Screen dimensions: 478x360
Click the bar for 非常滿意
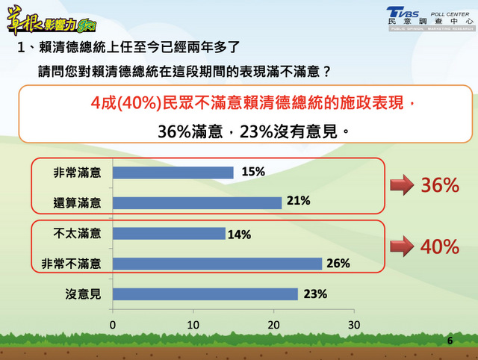(173, 173)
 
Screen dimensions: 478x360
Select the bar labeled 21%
(197, 203)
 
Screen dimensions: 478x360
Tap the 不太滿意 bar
(169, 234)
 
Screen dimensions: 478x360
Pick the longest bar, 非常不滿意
(217, 264)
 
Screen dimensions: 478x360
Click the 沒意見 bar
(205, 294)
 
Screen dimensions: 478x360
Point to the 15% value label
(253, 172)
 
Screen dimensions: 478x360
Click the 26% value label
(338, 264)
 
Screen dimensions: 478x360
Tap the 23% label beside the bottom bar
(315, 294)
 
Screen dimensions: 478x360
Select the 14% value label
(239, 235)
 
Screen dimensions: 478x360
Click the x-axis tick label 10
(193, 325)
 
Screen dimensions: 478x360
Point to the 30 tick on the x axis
(354, 325)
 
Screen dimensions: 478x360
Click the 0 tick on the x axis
(113, 325)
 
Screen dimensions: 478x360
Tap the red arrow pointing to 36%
(402, 184)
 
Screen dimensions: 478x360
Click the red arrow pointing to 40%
(402, 246)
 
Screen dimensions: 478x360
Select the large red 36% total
(440, 185)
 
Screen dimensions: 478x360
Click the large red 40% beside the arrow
(440, 246)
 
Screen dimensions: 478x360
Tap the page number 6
(450, 341)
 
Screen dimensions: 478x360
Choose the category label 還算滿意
(77, 203)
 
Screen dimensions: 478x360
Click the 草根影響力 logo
(52, 21)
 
